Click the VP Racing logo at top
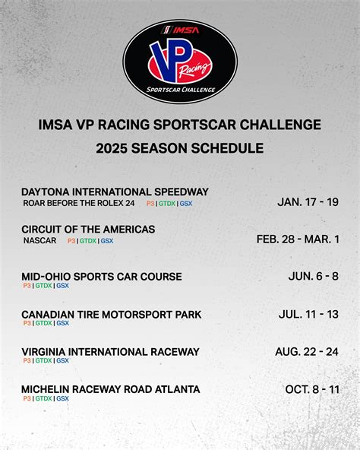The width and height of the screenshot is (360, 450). click(x=180, y=61)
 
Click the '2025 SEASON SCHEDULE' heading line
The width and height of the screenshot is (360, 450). click(x=180, y=148)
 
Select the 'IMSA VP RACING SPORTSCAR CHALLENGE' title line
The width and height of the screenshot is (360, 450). click(x=180, y=125)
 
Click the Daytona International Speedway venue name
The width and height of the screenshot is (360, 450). click(x=115, y=192)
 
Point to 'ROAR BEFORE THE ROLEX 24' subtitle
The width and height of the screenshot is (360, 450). click(x=79, y=203)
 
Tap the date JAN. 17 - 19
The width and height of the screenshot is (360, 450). click(x=308, y=201)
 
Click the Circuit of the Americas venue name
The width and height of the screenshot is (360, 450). click(x=88, y=229)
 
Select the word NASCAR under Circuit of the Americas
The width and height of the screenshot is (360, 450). click(x=39, y=240)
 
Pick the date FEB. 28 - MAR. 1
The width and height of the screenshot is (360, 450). click(x=298, y=239)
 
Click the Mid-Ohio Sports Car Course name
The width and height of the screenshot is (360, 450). click(x=102, y=276)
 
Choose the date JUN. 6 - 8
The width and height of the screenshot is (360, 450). click(x=314, y=276)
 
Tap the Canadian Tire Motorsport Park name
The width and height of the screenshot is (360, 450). click(x=112, y=314)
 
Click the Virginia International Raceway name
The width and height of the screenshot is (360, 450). click(x=110, y=351)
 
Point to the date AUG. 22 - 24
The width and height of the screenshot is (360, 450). click(x=307, y=351)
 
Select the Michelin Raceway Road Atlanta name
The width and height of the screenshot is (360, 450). click(x=111, y=389)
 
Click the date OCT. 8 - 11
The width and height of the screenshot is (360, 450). click(x=312, y=389)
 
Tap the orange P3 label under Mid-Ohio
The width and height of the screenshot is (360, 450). click(x=27, y=286)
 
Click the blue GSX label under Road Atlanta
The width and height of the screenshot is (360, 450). click(x=62, y=398)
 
